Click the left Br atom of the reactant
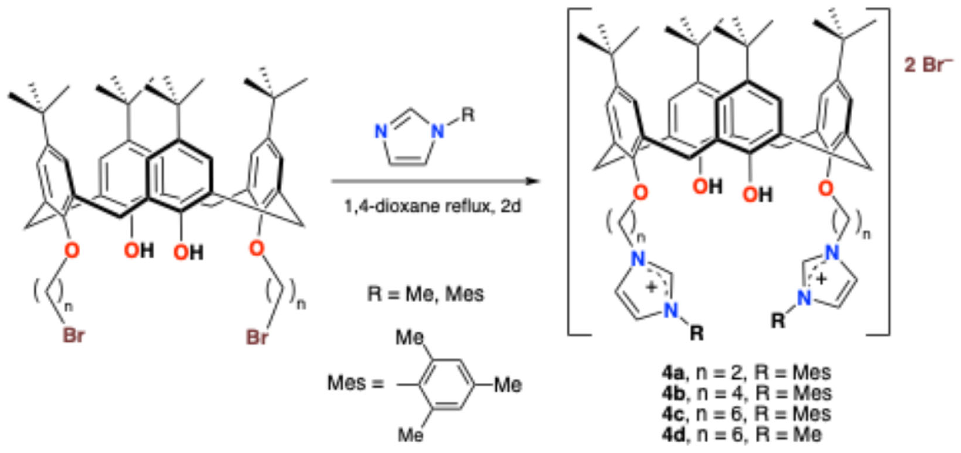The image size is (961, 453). coord(73,335)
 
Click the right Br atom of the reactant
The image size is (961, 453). coord(257,337)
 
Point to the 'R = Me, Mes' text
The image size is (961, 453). coord(425,294)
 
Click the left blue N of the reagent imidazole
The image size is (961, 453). coord(380,132)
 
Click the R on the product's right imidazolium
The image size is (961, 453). coord(778,321)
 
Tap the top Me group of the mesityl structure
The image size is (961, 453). coord(410,338)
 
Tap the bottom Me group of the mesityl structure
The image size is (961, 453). coord(410,435)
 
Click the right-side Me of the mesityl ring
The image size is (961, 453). coord(508,385)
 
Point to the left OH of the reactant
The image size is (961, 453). coord(138,250)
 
